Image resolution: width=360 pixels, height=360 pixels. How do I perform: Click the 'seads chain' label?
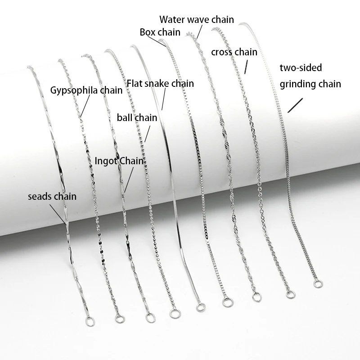52,196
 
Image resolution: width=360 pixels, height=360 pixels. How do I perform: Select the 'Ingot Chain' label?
121,161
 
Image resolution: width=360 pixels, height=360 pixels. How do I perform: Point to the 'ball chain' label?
137,118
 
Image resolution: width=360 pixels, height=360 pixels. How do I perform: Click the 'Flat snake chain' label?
160,83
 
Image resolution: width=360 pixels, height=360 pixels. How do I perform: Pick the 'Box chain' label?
160,32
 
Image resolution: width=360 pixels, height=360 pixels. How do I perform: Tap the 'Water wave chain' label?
197,19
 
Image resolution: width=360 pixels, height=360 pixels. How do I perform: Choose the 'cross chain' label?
234,52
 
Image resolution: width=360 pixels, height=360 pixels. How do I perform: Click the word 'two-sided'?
301,68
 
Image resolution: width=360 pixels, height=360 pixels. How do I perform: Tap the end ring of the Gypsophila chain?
120,319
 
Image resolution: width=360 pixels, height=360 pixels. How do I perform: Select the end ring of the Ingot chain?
149,318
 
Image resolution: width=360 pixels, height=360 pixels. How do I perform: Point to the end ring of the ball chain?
173,312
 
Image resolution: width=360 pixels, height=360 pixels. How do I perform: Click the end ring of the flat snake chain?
200,307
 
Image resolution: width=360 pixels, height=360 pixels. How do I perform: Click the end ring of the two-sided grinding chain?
317,284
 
